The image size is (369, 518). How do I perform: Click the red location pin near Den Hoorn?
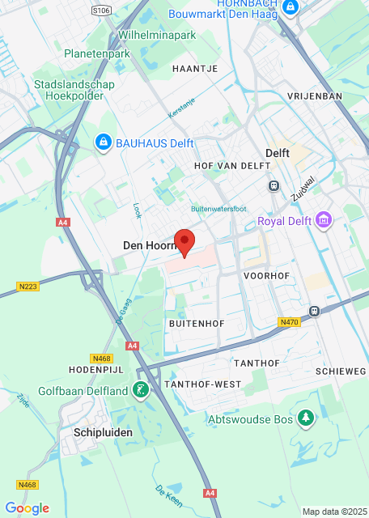[x=185, y=242]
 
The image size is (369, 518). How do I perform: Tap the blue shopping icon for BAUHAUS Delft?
[x=103, y=143]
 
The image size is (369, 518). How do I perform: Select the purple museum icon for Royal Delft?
[x=324, y=221]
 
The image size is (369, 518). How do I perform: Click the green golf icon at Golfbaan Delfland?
[x=142, y=390]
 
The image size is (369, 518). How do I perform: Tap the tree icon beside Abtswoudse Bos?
[x=306, y=418]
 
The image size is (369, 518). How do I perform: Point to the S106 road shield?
[x=101, y=11]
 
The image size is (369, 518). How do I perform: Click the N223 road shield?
[x=27, y=286]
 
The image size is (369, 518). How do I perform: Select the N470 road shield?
[x=289, y=321]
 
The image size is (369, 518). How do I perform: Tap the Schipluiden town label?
[x=103, y=432]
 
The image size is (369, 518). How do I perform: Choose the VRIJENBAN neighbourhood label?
[x=315, y=96]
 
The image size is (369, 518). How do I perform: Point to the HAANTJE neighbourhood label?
[x=195, y=70]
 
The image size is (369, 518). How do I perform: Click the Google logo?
[x=27, y=507]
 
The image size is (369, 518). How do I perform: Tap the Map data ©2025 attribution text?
[x=334, y=512]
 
